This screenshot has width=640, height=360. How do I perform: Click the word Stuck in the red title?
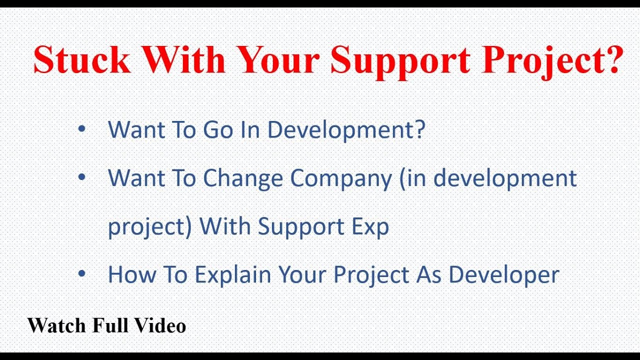(x=81, y=59)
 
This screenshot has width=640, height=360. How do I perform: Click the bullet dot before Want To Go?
(x=81, y=129)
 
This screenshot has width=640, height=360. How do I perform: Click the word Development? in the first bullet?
(x=345, y=129)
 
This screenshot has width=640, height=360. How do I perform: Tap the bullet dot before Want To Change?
(x=81, y=178)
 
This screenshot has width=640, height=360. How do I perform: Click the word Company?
(x=341, y=179)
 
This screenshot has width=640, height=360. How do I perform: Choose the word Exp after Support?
(x=369, y=227)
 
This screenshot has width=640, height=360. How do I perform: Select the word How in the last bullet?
(x=128, y=274)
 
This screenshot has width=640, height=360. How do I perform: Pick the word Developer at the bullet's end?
(x=503, y=275)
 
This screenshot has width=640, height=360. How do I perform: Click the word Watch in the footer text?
(x=56, y=325)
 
